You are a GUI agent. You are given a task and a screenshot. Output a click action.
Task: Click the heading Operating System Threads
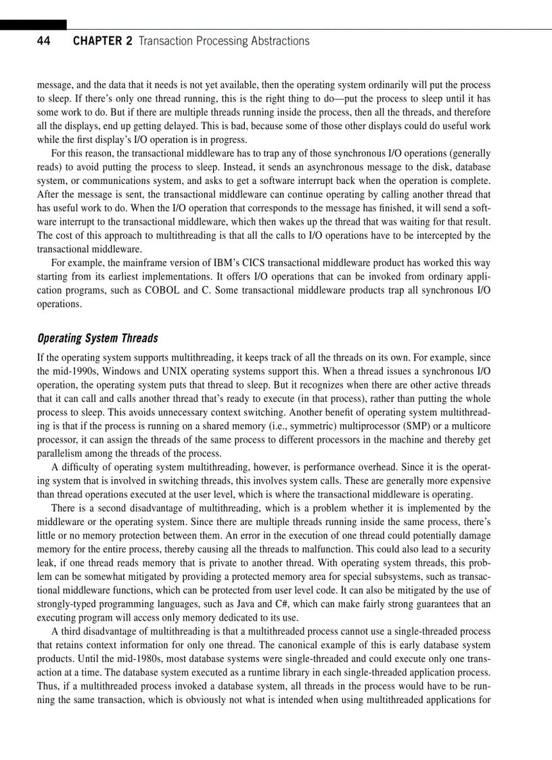pyautogui.click(x=97, y=338)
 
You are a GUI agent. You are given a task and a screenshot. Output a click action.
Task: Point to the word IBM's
pyautogui.click(x=201, y=263)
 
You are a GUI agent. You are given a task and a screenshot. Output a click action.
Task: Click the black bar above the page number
pyautogui.click(x=33, y=25)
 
